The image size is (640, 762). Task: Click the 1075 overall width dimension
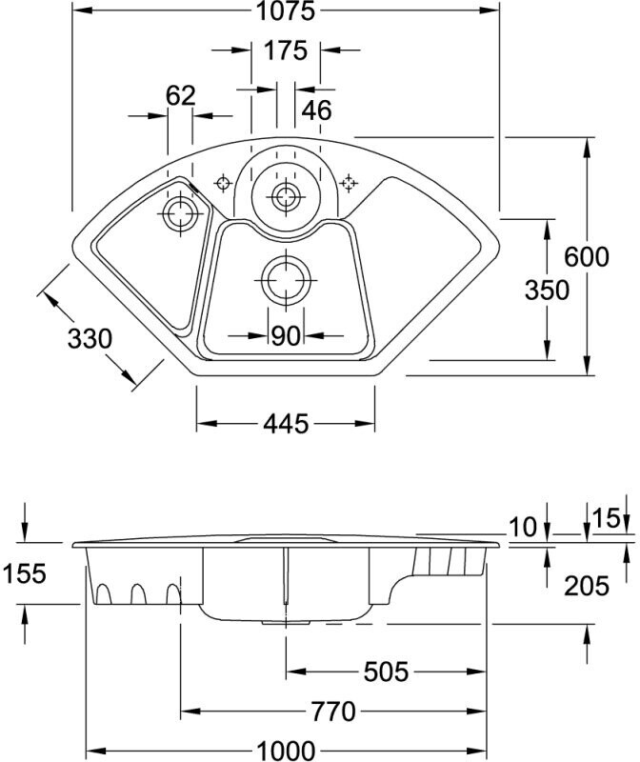[286, 10]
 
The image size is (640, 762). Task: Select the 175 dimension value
[286, 50]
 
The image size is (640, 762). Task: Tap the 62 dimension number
[180, 96]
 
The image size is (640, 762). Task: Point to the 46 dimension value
[316, 110]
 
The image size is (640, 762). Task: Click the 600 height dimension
[586, 256]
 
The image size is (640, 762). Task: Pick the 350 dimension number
[547, 291]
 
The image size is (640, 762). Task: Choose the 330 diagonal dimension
[90, 338]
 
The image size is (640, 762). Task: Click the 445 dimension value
[286, 424]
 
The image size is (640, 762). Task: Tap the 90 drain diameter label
[286, 336]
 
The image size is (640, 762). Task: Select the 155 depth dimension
[25, 573]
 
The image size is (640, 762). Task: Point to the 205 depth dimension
[586, 586]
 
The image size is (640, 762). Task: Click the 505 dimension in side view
[386, 672]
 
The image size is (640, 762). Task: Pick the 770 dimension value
[333, 712]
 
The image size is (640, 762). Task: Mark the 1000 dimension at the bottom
[286, 751]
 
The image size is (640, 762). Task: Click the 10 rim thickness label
[524, 528]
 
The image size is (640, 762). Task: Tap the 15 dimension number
[607, 518]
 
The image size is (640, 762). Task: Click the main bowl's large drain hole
[286, 280]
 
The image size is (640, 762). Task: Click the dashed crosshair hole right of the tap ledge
[349, 183]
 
